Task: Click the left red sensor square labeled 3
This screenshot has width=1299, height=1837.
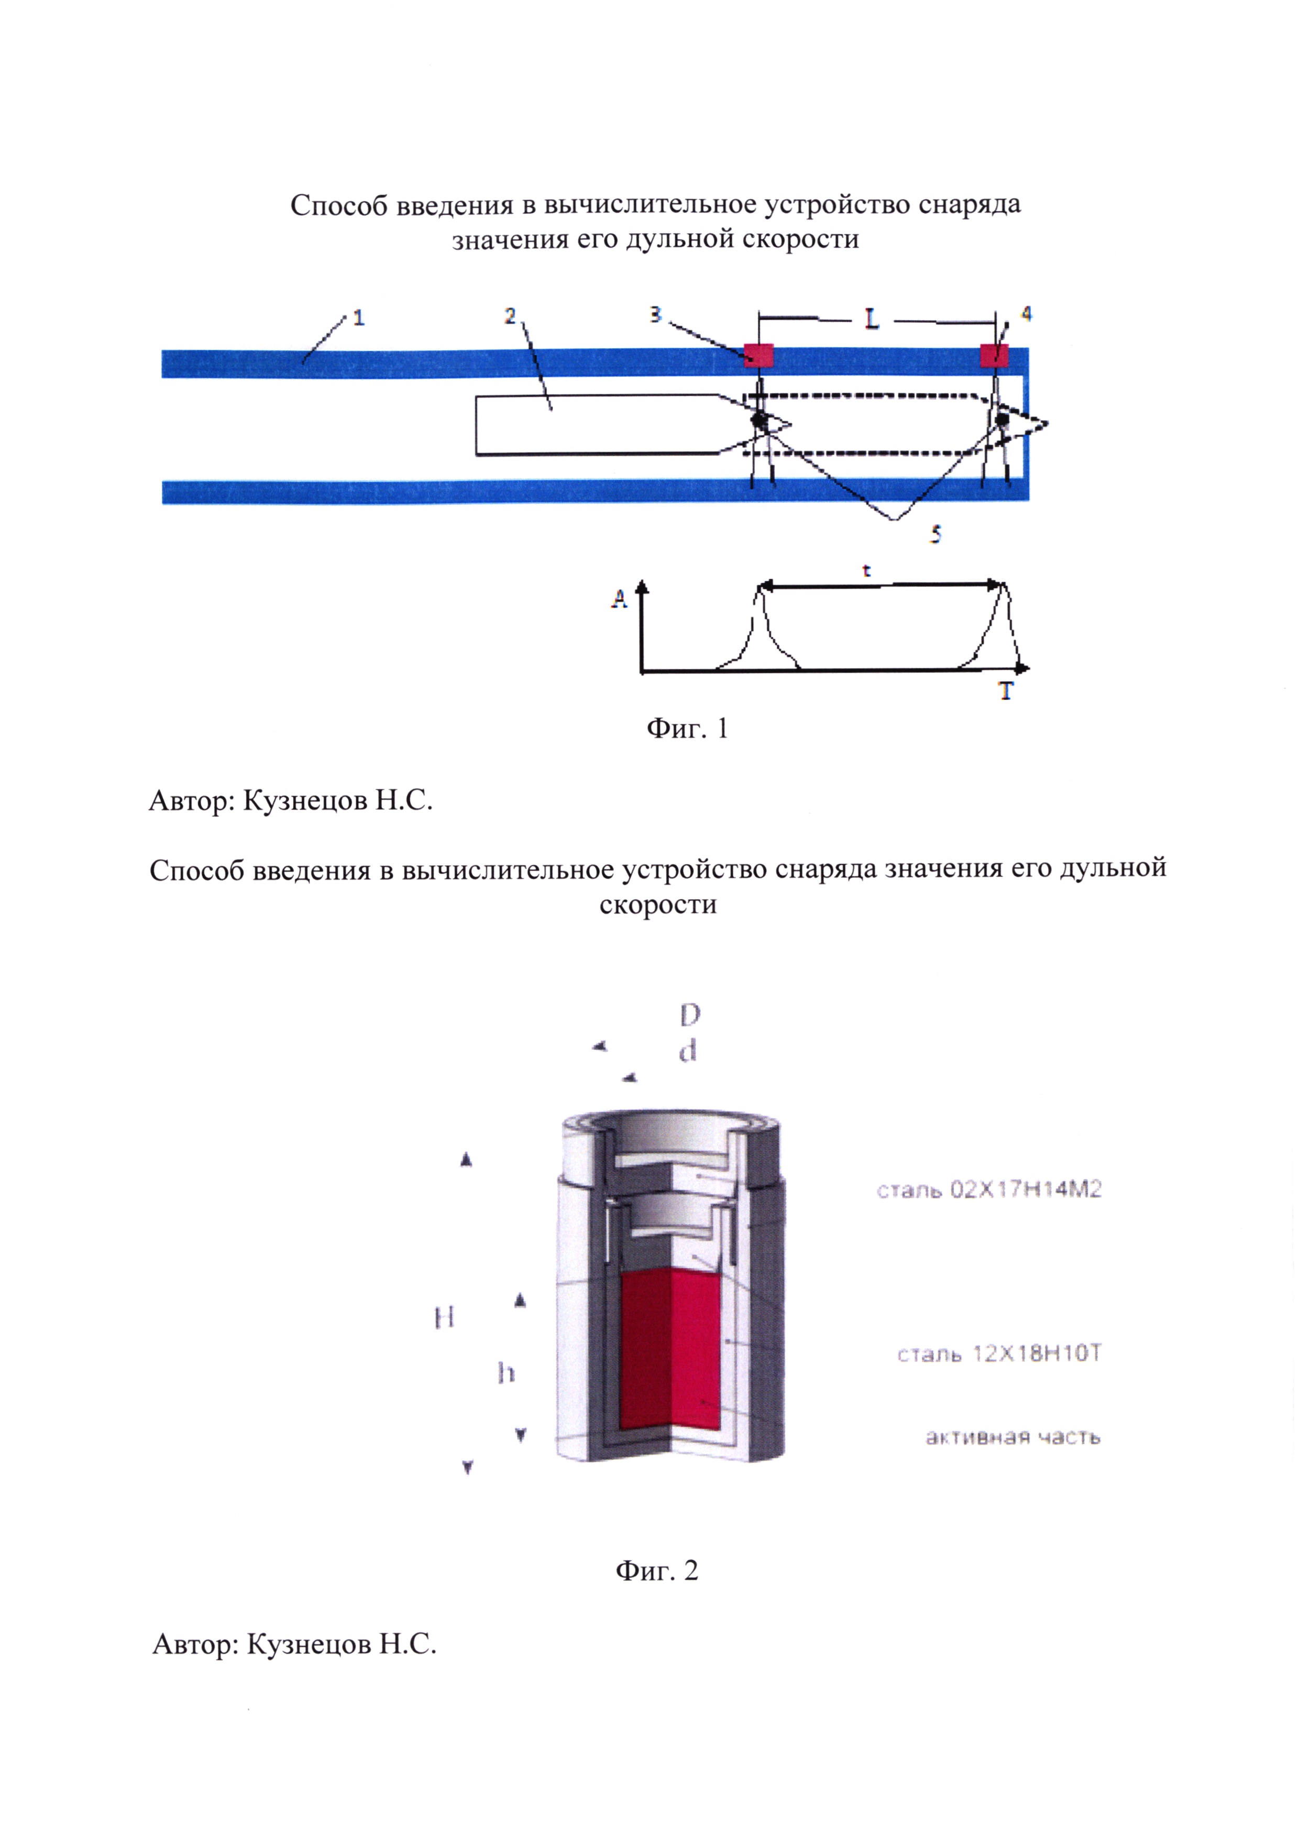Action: [x=758, y=355]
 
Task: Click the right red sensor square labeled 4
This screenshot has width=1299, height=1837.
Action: [x=994, y=355]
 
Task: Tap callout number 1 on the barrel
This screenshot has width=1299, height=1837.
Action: [x=358, y=318]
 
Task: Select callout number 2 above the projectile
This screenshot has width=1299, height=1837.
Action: [x=510, y=317]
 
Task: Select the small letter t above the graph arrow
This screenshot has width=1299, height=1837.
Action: [x=867, y=571]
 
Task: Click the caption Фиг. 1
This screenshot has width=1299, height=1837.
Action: [x=687, y=728]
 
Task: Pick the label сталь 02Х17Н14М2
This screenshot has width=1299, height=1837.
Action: [x=988, y=1190]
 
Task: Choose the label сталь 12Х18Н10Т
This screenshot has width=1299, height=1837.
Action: [x=999, y=1354]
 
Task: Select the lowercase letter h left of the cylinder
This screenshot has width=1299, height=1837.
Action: [x=505, y=1374]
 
